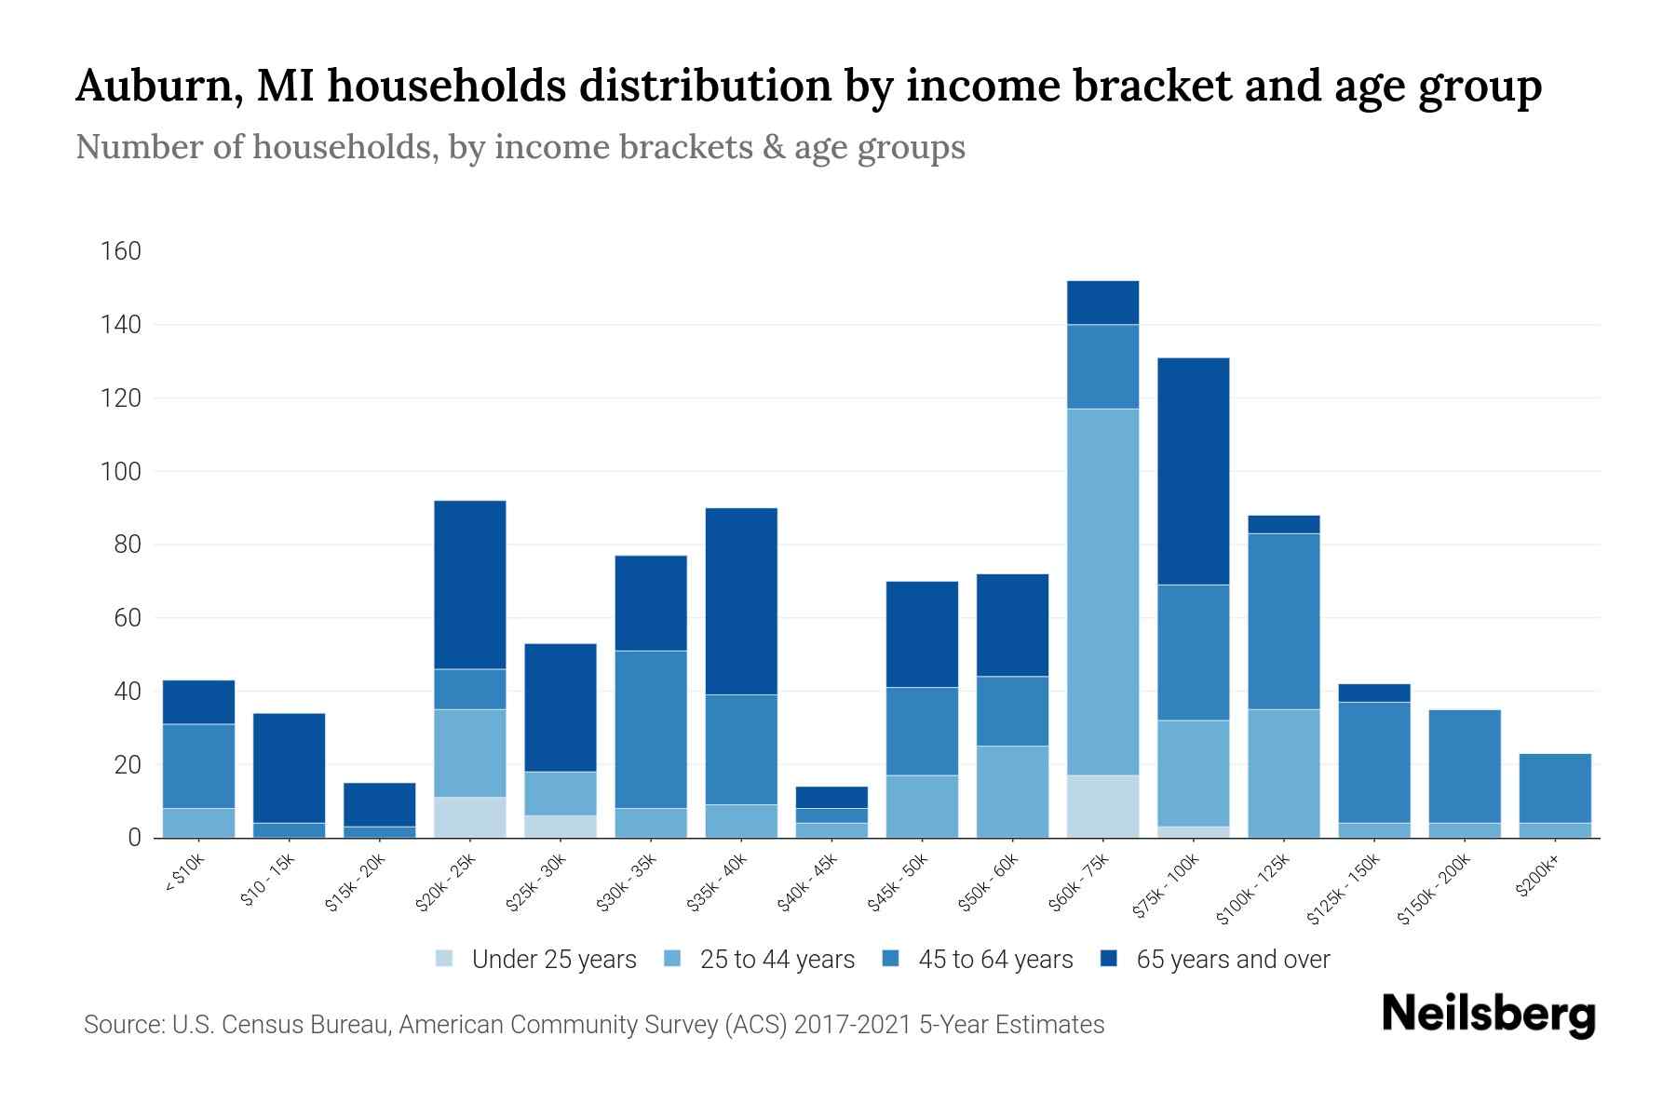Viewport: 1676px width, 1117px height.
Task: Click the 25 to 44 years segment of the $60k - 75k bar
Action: click(1102, 592)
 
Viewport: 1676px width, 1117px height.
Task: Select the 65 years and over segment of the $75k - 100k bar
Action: click(1193, 471)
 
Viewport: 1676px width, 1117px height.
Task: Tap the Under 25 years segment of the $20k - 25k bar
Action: click(470, 817)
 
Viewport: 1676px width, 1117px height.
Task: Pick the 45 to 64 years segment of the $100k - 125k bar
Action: click(1284, 621)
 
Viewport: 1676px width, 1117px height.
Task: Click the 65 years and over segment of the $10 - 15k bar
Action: click(290, 768)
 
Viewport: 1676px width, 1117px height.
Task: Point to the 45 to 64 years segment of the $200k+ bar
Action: click(1555, 787)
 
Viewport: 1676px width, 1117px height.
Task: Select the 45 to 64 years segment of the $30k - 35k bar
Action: click(651, 729)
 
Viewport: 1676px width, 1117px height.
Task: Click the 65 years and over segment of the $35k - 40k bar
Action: click(741, 601)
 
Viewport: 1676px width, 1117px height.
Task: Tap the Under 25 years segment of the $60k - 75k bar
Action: click(1102, 806)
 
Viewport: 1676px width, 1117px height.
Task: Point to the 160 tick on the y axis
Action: click(121, 251)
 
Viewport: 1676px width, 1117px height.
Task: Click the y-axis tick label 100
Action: click(121, 472)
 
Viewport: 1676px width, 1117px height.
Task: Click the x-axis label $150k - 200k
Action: click(1435, 889)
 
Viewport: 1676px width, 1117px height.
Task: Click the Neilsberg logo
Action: click(1488, 1015)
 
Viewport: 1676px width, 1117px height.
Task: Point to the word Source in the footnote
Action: click(122, 1025)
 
